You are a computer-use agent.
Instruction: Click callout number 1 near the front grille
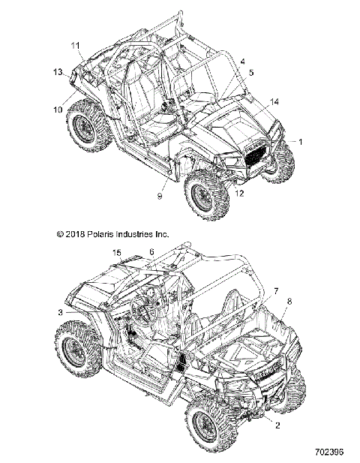(302, 141)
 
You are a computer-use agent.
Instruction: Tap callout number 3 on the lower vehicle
(59, 311)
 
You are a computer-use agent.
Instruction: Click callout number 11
(76, 46)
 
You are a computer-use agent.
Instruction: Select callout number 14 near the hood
(274, 101)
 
